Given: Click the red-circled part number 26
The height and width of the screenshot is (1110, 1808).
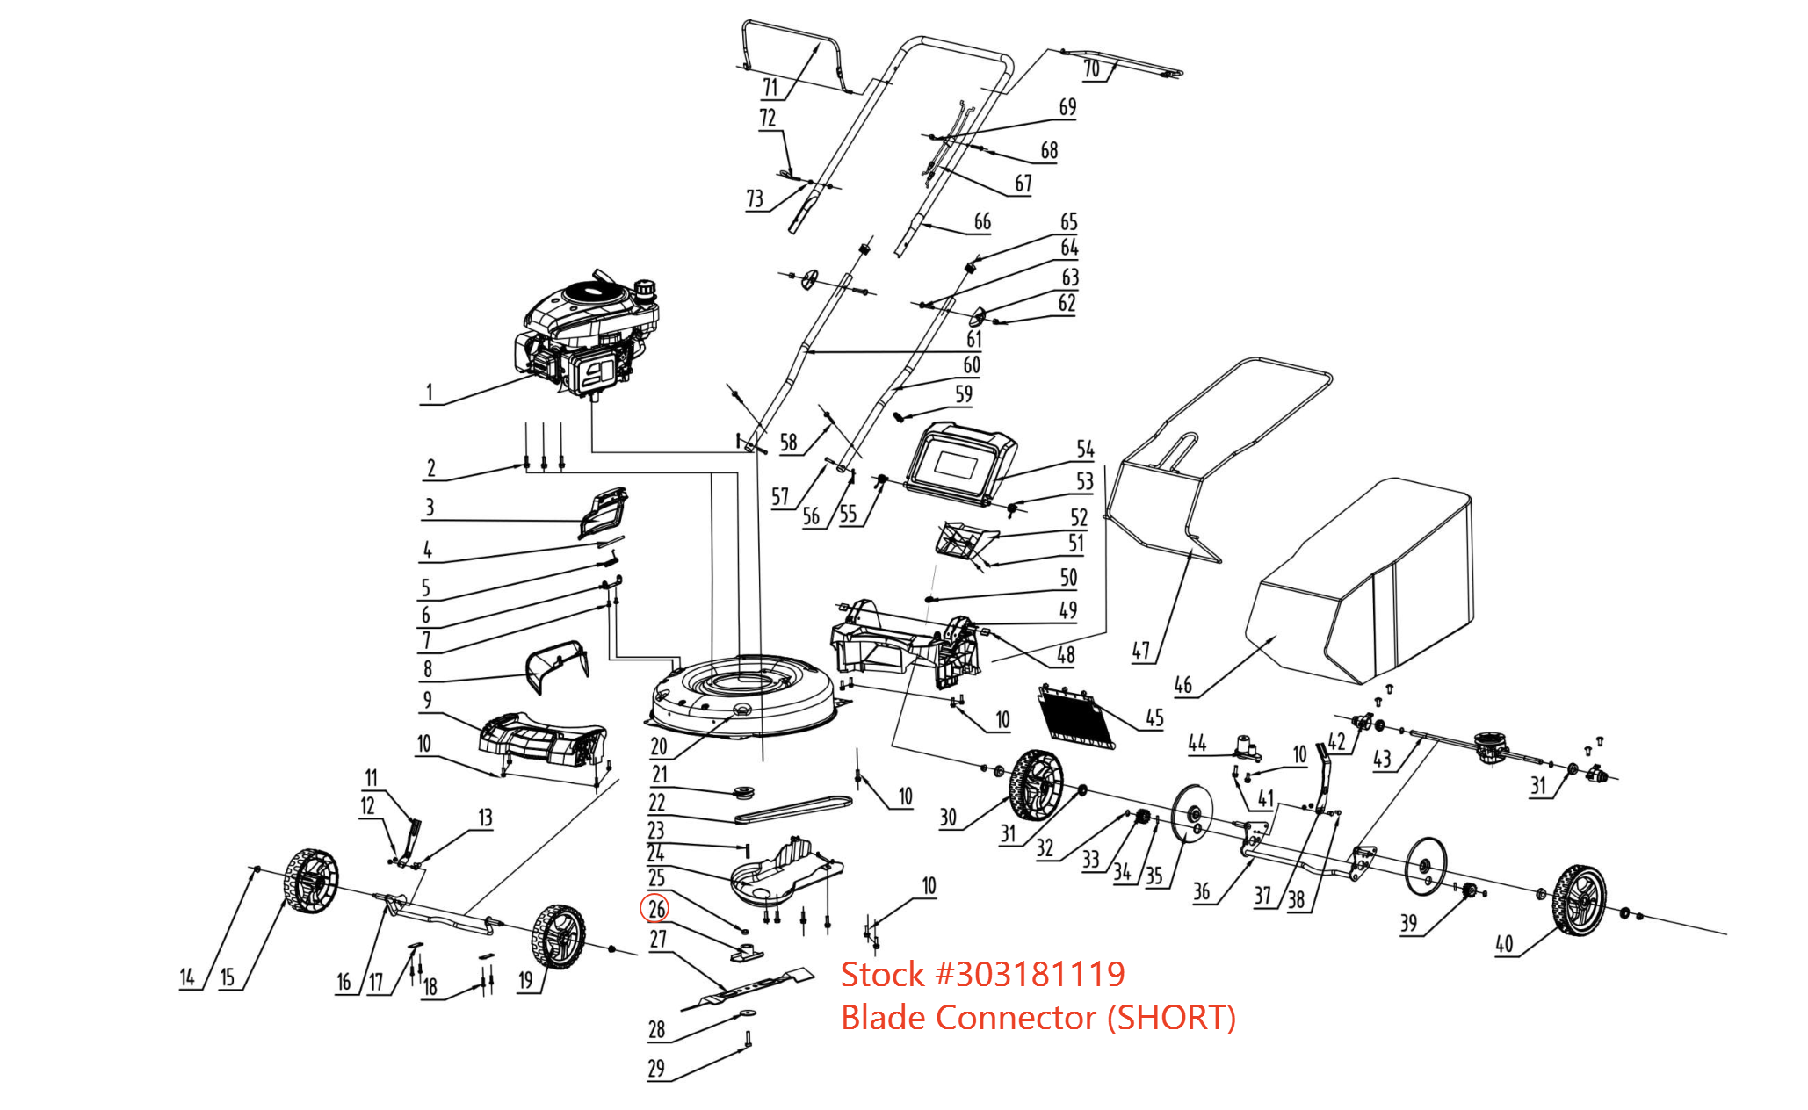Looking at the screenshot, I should [656, 909].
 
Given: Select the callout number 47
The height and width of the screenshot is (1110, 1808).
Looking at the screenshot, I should [1140, 651].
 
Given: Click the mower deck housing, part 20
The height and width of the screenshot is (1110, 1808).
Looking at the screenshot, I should [742, 694].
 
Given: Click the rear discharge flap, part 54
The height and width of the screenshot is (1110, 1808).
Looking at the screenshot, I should [961, 465].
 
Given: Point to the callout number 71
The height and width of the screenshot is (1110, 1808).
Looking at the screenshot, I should [770, 87].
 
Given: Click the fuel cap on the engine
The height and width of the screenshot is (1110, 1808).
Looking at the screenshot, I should [646, 287].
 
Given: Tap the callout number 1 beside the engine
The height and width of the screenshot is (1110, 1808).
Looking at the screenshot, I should [430, 392].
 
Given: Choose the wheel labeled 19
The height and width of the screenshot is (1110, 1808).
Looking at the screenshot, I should [559, 936].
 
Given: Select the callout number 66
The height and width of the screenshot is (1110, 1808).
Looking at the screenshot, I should [982, 222].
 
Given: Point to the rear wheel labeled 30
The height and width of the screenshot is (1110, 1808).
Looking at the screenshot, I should [1038, 783].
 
